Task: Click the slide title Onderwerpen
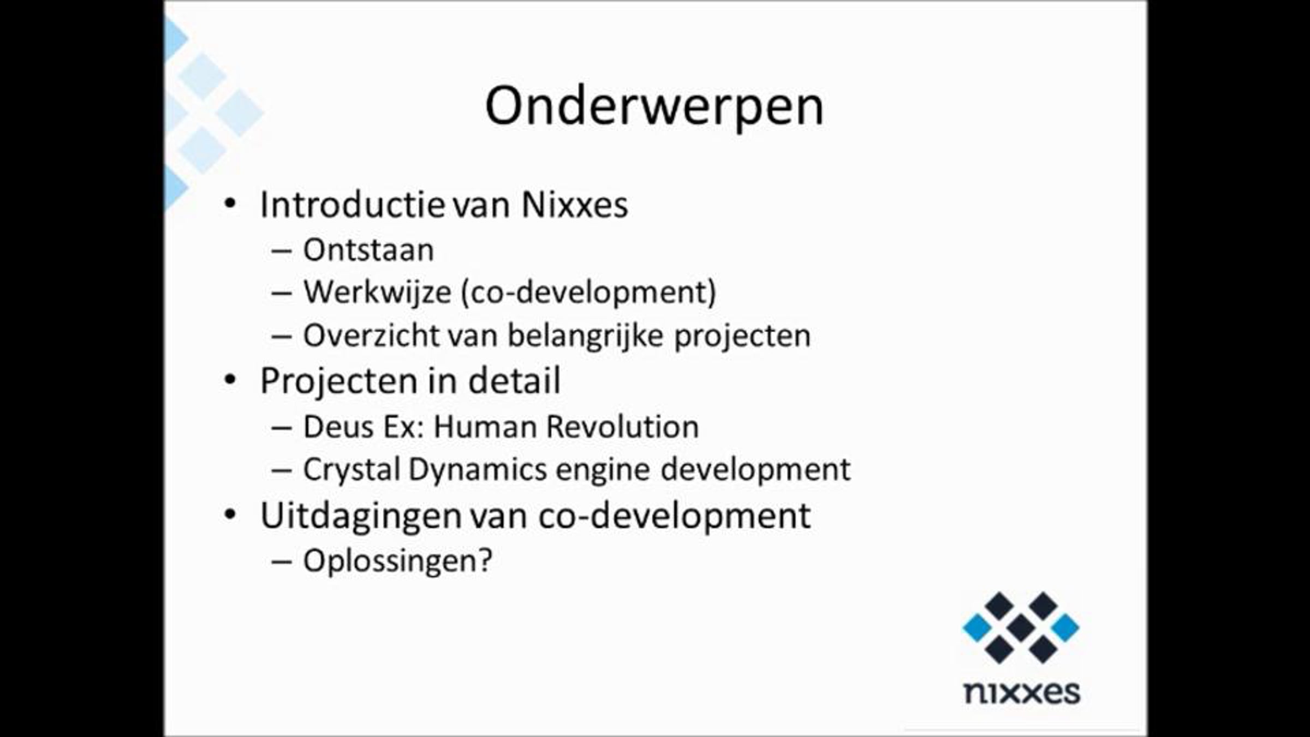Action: point(654,106)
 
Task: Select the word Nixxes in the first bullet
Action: point(575,205)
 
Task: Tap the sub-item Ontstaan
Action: point(368,250)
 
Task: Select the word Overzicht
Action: point(371,335)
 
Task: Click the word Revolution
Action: point(622,426)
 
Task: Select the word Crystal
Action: point(352,470)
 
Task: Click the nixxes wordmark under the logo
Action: point(1022,692)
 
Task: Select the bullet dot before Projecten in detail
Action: point(230,380)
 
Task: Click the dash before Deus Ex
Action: point(281,427)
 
